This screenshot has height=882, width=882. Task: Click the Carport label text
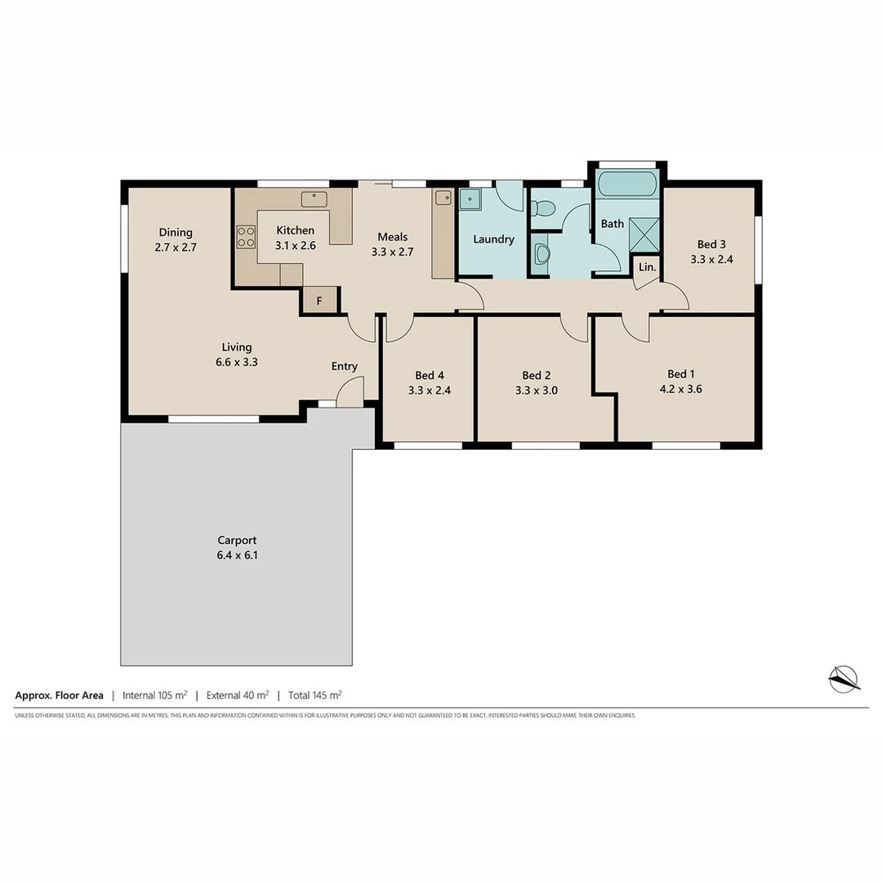pyautogui.click(x=237, y=540)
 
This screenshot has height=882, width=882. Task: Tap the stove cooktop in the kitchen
pyautogui.click(x=246, y=237)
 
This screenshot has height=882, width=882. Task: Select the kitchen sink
pyautogui.click(x=314, y=198)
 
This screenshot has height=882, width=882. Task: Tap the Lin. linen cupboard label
pyautogui.click(x=647, y=267)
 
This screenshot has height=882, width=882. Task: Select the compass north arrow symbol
pyautogui.click(x=844, y=678)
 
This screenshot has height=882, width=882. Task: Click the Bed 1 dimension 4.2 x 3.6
pyautogui.click(x=680, y=390)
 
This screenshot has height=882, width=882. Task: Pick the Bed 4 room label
pyautogui.click(x=429, y=375)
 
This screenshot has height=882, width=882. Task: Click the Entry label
pyautogui.click(x=344, y=366)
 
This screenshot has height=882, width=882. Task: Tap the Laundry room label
pyautogui.click(x=493, y=239)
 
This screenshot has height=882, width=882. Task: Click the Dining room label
pyautogui.click(x=176, y=232)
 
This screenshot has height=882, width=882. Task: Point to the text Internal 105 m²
pyautogui.click(x=154, y=696)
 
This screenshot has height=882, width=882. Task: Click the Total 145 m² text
pyautogui.click(x=314, y=696)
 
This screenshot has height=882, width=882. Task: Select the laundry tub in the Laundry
pyautogui.click(x=470, y=199)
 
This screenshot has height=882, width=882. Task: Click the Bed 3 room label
pyautogui.click(x=711, y=244)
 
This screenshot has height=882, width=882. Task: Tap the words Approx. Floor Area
pyautogui.click(x=59, y=696)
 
